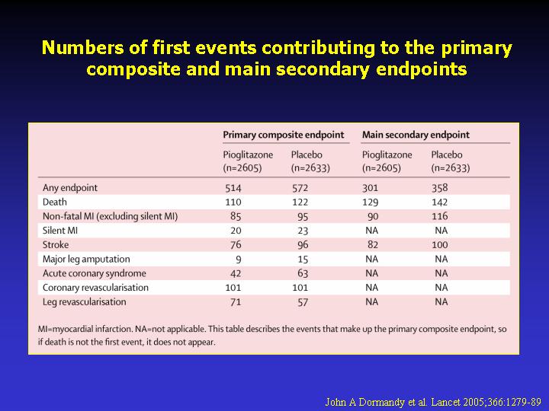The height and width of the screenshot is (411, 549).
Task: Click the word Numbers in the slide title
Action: (82, 47)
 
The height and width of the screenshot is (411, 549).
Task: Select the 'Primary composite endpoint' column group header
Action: (284, 135)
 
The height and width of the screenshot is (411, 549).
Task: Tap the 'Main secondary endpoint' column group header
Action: (416, 135)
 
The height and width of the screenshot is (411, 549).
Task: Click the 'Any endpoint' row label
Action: (70, 188)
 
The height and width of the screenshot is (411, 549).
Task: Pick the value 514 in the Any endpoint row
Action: (233, 188)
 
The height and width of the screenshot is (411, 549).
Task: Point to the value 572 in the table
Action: (300, 188)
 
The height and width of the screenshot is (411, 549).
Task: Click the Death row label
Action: (55, 202)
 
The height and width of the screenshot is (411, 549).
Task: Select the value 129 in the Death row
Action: (370, 202)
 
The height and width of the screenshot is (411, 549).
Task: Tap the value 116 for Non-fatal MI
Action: (439, 216)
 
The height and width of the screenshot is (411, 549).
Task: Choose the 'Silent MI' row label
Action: (60, 231)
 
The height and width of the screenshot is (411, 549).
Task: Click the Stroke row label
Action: (56, 244)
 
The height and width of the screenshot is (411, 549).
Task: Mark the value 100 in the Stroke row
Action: (439, 244)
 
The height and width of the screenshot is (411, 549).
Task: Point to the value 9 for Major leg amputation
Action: (239, 260)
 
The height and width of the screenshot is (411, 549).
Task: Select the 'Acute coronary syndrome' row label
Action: (95, 273)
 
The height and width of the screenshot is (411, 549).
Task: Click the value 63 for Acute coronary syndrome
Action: (303, 273)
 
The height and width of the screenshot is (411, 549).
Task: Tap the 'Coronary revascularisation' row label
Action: (95, 288)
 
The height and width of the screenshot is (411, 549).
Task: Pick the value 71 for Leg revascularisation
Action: (236, 302)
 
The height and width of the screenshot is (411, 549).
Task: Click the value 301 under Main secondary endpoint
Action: (370, 188)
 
